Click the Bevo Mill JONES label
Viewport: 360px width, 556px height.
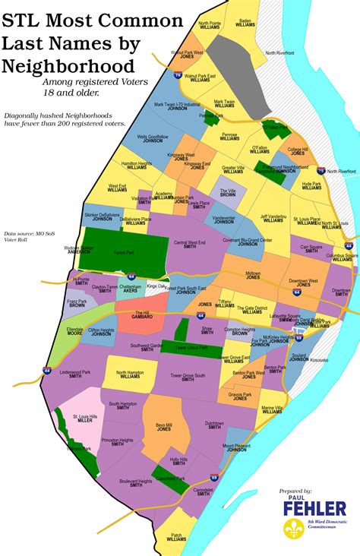(x=164, y=428)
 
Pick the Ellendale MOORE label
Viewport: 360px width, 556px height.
(x=74, y=331)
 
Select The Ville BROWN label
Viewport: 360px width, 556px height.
(x=228, y=192)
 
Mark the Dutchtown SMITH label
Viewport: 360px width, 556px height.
(x=214, y=425)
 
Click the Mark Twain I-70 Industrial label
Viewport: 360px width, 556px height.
(x=177, y=107)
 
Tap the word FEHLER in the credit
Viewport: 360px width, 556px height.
(x=314, y=508)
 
